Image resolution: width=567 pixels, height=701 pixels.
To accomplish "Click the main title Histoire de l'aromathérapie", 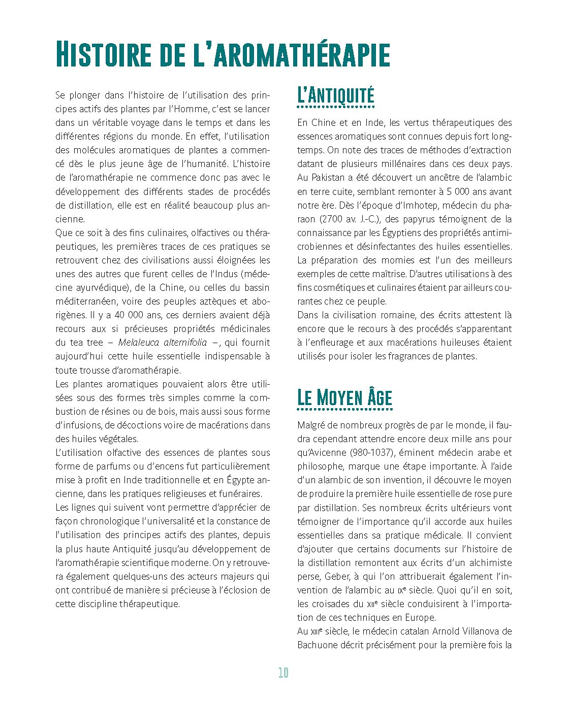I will point(223,54).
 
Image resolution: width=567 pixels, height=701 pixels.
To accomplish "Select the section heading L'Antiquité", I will point(335,95).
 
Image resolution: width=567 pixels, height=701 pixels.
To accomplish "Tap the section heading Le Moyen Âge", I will point(344,397).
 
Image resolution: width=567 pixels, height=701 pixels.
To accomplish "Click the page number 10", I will point(283,673).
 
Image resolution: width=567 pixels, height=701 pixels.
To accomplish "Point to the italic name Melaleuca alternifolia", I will point(162,343).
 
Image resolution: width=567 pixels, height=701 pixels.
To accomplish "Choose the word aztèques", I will point(209,302).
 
